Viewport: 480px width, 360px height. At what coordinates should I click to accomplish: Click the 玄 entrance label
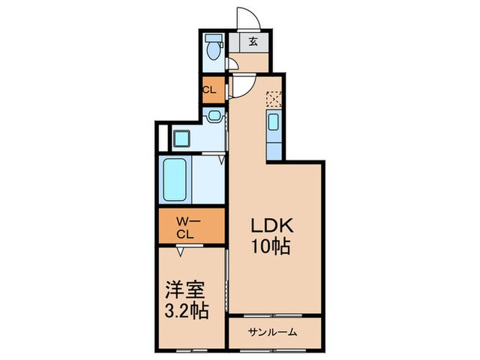click(x=253, y=41)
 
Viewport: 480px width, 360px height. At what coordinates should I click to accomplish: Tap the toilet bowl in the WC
click(x=214, y=53)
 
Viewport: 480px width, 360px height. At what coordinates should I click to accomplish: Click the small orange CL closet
click(x=211, y=90)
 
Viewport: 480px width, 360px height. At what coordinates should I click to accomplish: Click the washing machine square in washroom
click(x=182, y=138)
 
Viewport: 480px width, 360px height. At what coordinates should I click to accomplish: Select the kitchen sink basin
click(x=273, y=123)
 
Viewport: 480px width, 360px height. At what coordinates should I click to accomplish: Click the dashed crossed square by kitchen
click(x=274, y=99)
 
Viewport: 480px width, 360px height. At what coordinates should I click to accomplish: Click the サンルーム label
click(x=274, y=333)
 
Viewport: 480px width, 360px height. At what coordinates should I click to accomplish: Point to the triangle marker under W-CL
click(x=180, y=252)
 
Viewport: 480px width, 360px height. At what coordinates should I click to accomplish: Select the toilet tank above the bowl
click(x=214, y=38)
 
